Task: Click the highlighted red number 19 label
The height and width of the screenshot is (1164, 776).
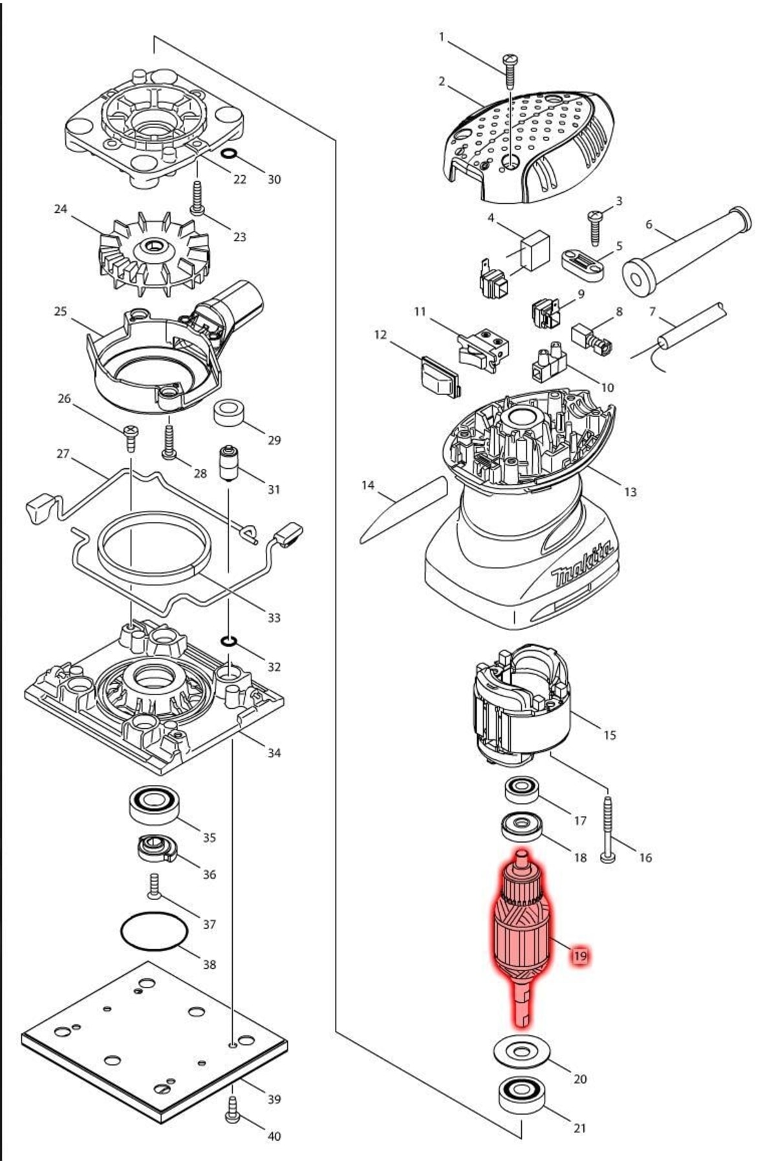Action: pos(580,955)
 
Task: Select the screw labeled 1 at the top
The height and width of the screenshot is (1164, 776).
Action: pos(510,71)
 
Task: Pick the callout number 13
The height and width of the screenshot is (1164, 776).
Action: pos(630,491)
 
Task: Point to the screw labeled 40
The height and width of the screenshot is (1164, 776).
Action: pos(232,1113)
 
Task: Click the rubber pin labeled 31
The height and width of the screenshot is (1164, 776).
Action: pos(228,462)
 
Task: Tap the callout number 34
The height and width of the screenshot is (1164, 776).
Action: pos(274,752)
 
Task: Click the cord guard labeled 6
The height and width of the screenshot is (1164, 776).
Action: pos(685,249)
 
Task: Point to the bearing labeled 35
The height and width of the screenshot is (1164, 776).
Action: pos(155,805)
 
